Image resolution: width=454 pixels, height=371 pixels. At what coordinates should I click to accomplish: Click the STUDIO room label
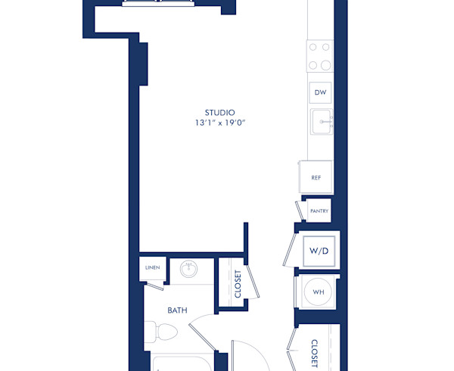click(219, 112)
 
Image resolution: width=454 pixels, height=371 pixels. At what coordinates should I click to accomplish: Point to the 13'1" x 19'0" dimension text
click(219, 123)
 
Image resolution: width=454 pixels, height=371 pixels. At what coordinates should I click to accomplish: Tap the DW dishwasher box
click(320, 92)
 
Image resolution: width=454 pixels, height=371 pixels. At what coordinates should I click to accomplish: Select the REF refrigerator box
click(316, 178)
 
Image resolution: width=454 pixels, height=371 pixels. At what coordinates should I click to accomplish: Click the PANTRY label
click(319, 211)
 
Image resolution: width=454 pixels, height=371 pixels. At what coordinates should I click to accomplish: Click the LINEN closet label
click(152, 268)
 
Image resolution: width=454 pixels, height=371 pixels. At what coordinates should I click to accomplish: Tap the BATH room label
click(177, 310)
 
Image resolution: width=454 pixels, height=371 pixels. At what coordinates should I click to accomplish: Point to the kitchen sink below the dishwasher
click(321, 121)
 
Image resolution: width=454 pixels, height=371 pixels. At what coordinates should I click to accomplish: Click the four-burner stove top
click(319, 55)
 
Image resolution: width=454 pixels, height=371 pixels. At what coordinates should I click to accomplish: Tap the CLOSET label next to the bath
click(238, 284)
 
